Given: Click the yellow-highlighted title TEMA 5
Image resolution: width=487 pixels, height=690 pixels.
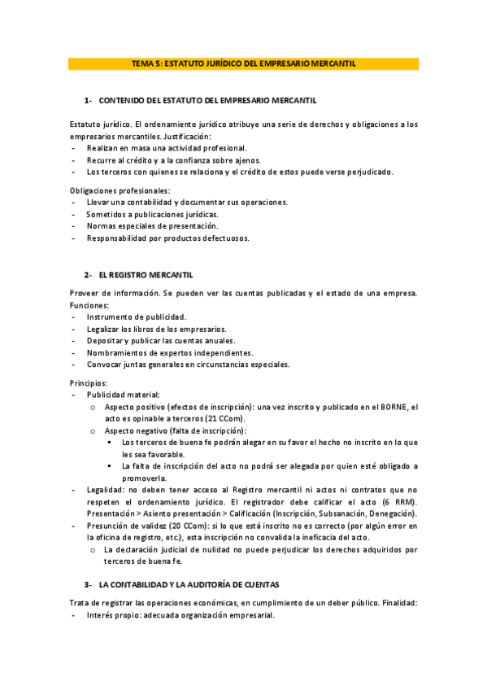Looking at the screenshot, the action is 243,63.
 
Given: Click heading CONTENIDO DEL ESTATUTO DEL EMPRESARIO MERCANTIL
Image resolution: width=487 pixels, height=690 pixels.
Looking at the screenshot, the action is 207,100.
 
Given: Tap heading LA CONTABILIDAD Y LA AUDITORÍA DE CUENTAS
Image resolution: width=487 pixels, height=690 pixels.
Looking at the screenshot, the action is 189,584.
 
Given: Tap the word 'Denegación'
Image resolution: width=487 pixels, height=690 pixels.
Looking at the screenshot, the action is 391,514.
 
